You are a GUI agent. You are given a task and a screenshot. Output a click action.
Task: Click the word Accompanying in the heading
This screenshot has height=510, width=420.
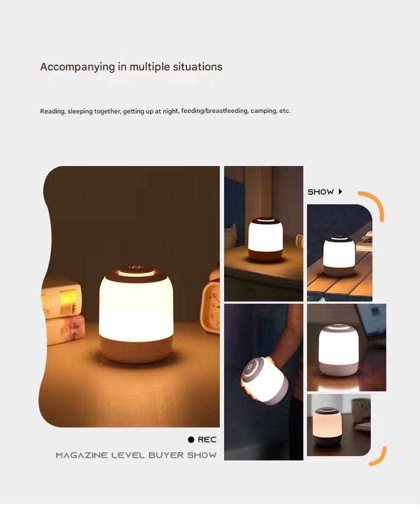[x=78, y=67]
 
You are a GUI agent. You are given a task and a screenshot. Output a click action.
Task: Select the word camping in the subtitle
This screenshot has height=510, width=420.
[x=264, y=111]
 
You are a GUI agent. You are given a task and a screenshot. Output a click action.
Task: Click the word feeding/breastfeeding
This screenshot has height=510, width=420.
[x=215, y=111]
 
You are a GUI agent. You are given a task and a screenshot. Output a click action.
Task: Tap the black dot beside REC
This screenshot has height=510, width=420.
[x=191, y=439]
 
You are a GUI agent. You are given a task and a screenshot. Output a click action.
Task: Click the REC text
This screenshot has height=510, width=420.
[x=207, y=439]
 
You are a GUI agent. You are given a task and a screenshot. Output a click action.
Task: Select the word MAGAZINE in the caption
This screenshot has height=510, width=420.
[x=81, y=455]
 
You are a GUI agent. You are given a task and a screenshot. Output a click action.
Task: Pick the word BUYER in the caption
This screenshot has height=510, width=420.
[x=166, y=455]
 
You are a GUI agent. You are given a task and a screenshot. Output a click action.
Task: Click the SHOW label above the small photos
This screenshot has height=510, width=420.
[x=320, y=192]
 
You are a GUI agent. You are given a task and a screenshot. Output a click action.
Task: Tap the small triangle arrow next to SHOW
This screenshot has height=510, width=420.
[x=340, y=191]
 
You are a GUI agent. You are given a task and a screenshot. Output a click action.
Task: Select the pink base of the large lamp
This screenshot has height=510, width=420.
[x=136, y=349]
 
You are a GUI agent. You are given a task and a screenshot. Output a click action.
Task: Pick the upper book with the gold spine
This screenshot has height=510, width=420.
[x=61, y=299]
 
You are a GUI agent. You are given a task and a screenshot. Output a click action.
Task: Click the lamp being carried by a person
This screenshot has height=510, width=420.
[x=264, y=380]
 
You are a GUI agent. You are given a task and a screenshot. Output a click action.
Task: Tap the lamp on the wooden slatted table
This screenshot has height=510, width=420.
[x=339, y=256]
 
